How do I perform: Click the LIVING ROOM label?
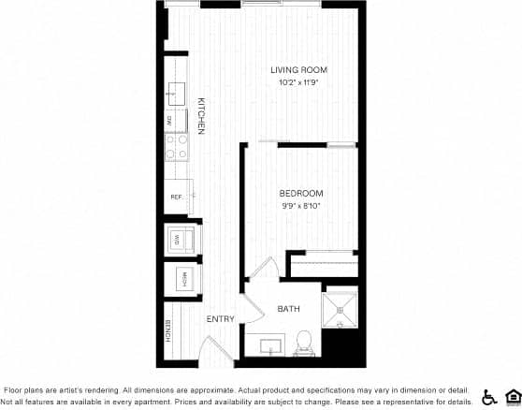click(299, 70)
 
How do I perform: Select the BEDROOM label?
click(301, 194)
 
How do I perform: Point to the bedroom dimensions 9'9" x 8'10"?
click(301, 206)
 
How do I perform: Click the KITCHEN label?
click(200, 116)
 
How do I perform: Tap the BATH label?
click(288, 309)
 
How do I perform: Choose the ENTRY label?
click(221, 319)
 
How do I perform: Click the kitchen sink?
click(176, 92)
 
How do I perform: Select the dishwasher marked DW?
click(171, 120)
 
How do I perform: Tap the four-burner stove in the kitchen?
click(177, 146)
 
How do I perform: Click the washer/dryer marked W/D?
click(179, 240)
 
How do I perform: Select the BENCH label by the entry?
click(168, 330)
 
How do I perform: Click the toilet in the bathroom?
click(302, 342)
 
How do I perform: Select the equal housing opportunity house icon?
click(512, 396)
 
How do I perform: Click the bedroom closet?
click(324, 266)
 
